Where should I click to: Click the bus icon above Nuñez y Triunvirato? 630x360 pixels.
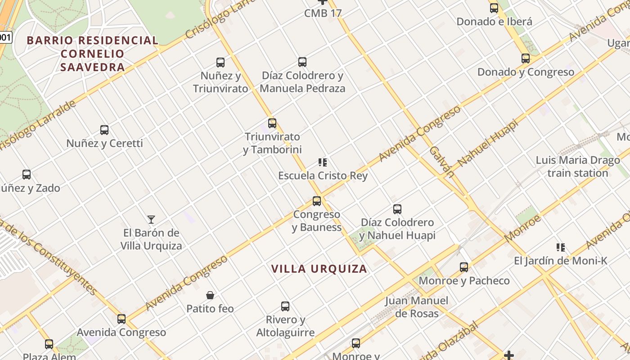tap(220, 63)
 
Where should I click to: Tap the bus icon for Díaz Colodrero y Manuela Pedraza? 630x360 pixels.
tap(302, 62)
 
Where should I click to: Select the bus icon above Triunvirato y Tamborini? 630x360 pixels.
tap(272, 123)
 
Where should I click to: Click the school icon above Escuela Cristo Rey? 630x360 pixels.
tap(323, 162)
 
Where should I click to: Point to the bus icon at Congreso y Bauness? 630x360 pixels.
tap(317, 201)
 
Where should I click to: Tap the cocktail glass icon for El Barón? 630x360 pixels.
tap(151, 220)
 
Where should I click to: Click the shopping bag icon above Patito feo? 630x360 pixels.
tap(210, 295)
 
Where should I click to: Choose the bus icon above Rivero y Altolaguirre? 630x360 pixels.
tap(285, 306)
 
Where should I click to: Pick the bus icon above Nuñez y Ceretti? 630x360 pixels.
tap(104, 130)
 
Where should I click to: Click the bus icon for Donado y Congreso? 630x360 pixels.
tap(526, 58)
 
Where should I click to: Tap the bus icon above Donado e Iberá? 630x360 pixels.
tap(494, 8)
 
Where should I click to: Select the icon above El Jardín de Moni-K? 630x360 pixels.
tap(561, 247)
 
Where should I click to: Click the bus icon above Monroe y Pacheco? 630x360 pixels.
tap(464, 267)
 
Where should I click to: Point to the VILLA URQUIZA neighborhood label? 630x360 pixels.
tap(319, 269)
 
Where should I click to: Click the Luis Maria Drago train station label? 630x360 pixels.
tap(578, 166)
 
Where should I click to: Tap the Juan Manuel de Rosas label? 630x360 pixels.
tap(417, 306)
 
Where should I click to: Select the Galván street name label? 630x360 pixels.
tap(441, 160)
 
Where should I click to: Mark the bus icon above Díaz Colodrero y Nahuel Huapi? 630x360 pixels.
tap(397, 209)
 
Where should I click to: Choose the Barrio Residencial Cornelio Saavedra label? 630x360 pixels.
tap(92, 54)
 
